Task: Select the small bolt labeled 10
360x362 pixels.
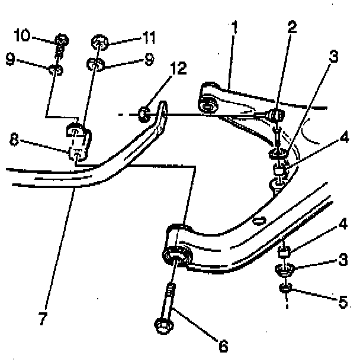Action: tap(60, 41)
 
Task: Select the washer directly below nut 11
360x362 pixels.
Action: tap(97, 63)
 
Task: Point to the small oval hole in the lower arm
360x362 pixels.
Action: tap(258, 222)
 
